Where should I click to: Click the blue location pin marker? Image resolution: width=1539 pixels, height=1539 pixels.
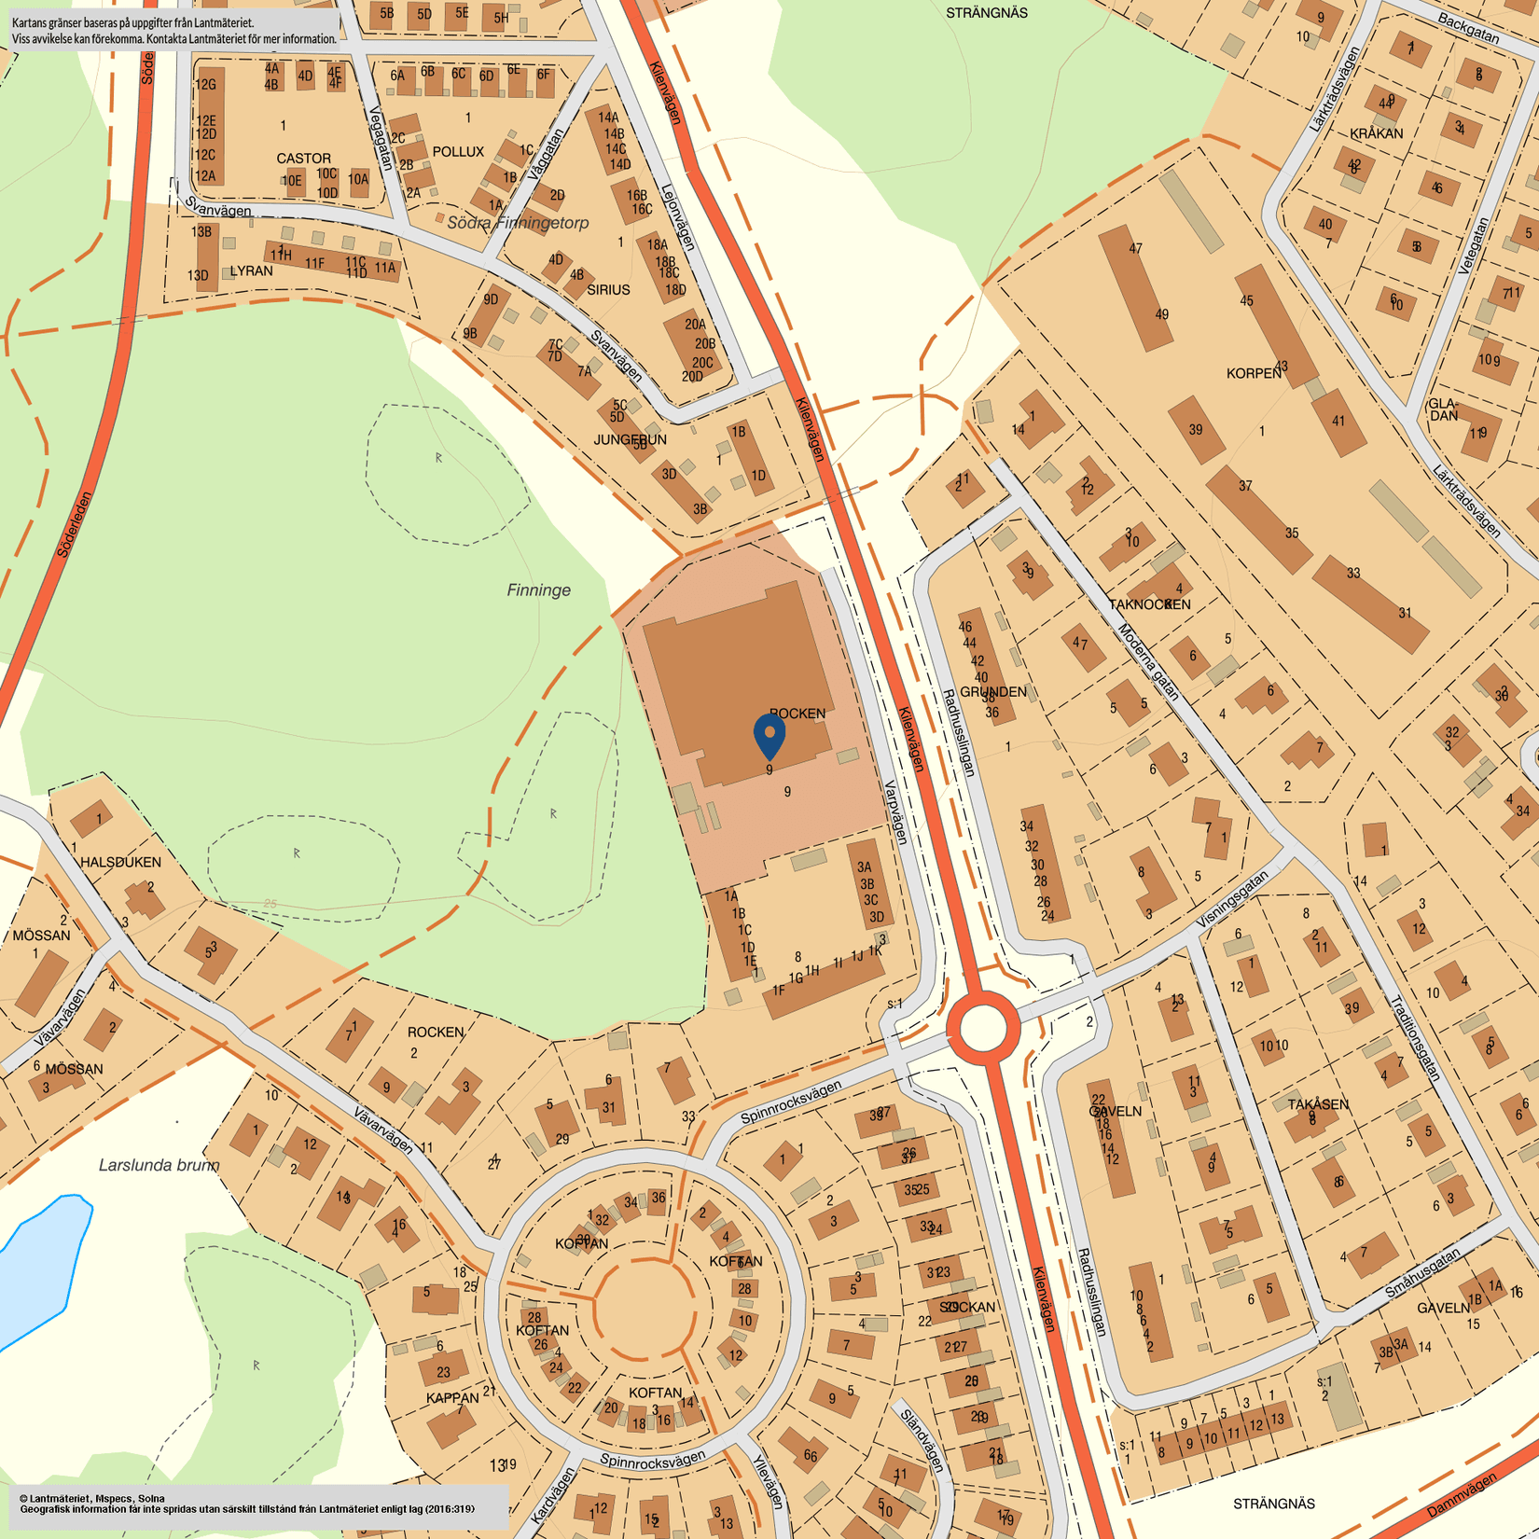pyautogui.click(x=769, y=734)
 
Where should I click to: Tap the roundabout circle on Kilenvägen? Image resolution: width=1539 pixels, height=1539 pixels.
pyautogui.click(x=982, y=1028)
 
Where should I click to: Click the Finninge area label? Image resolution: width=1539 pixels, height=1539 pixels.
pyautogui.click(x=538, y=590)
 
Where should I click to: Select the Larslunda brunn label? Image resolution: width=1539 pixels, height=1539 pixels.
pyautogui.click(x=159, y=1165)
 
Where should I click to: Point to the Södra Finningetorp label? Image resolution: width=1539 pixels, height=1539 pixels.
pyautogui.click(x=518, y=223)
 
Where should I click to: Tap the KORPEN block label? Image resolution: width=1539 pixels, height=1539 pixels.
pyautogui.click(x=1254, y=373)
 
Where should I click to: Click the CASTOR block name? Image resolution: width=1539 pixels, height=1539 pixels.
pyautogui.click(x=303, y=159)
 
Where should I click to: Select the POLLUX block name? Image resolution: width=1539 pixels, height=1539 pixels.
pyautogui.click(x=458, y=151)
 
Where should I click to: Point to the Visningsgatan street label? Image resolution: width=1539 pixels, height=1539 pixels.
pyautogui.click(x=1233, y=900)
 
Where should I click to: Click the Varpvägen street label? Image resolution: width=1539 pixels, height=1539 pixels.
pyautogui.click(x=894, y=812)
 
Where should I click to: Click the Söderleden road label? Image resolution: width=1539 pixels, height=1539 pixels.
pyautogui.click(x=76, y=524)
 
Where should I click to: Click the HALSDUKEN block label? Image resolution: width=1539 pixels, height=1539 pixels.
pyautogui.click(x=120, y=862)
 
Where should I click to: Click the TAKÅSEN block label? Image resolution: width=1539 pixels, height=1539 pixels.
pyautogui.click(x=1318, y=1104)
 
